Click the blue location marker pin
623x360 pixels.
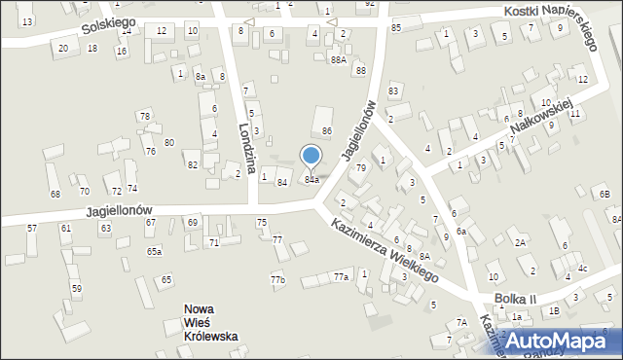(x=311, y=157)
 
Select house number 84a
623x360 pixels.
(x=311, y=180)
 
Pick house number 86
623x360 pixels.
(x=327, y=130)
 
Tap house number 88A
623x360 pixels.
(x=338, y=59)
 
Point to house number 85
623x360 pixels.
(x=395, y=27)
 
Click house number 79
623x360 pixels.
(x=360, y=168)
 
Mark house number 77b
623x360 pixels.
(x=278, y=280)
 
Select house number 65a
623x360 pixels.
(x=154, y=251)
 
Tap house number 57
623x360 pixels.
(x=32, y=228)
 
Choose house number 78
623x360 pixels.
(x=144, y=117)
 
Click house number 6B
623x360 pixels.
(x=605, y=196)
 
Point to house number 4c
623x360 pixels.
(x=582, y=268)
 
